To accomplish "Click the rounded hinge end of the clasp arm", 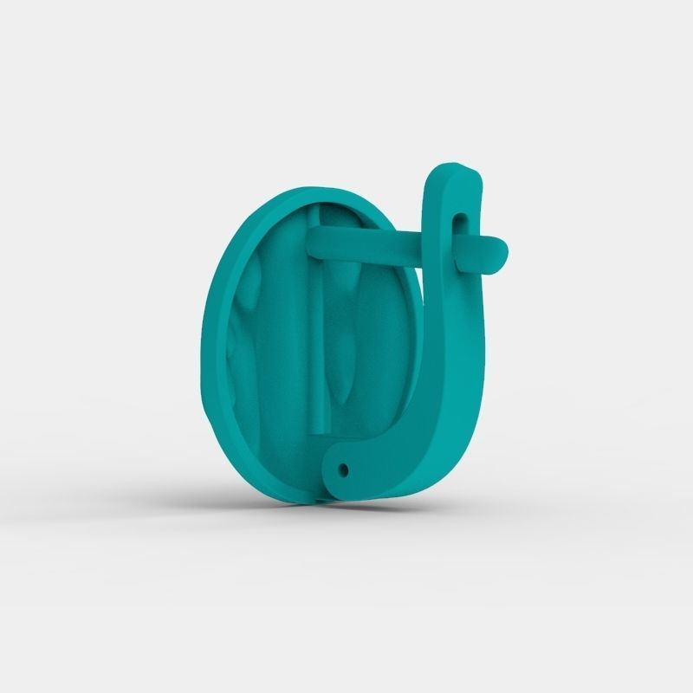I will pos(340,468).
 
